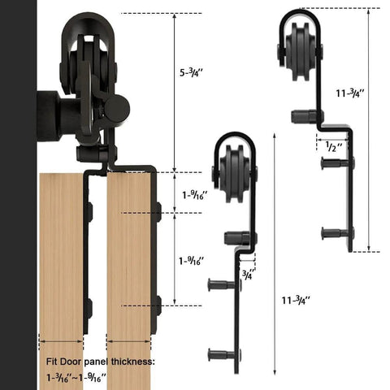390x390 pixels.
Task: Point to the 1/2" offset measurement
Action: pyautogui.click(x=331, y=148)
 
